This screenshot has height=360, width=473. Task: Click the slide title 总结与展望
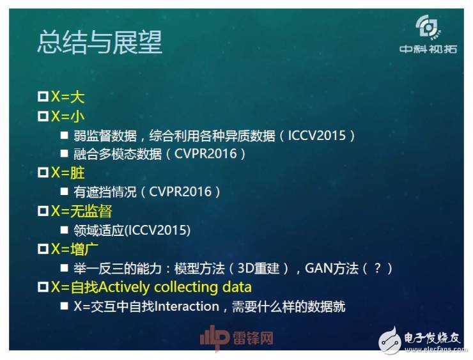tap(100, 42)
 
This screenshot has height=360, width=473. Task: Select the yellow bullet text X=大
tap(68, 97)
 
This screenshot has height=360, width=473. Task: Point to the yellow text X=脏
tap(68, 173)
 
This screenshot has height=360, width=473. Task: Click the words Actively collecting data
tap(185, 286)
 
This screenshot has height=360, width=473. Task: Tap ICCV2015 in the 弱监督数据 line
tap(317, 136)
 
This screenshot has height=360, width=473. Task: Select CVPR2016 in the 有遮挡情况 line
tap(181, 192)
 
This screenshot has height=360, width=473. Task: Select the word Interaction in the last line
tap(187, 306)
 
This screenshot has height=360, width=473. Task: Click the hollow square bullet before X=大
tap(43, 97)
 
